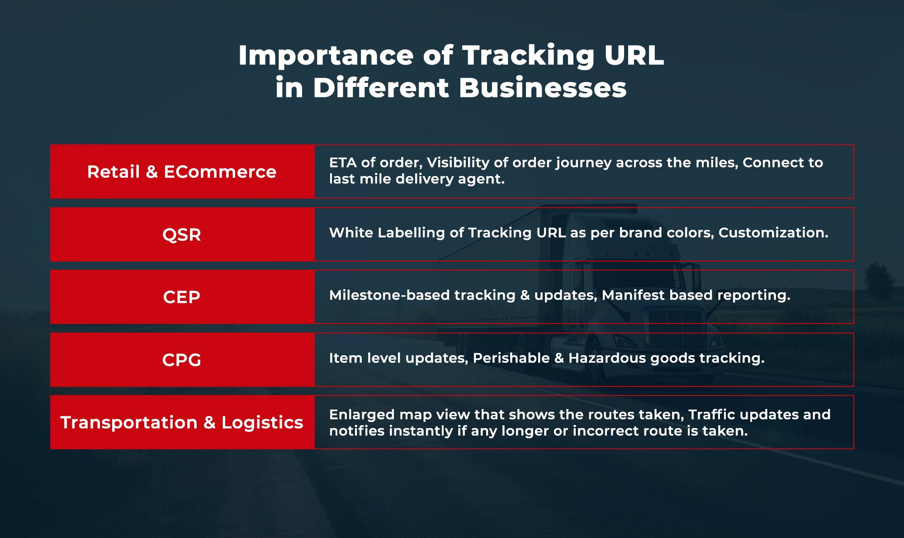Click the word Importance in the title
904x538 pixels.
click(326, 56)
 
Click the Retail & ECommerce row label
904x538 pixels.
click(182, 172)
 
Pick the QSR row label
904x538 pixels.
click(182, 235)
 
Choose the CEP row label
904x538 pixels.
click(182, 297)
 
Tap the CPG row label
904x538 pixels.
click(182, 360)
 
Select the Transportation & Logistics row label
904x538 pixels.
click(182, 423)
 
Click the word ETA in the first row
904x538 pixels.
click(343, 162)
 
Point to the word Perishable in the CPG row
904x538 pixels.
click(511, 358)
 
